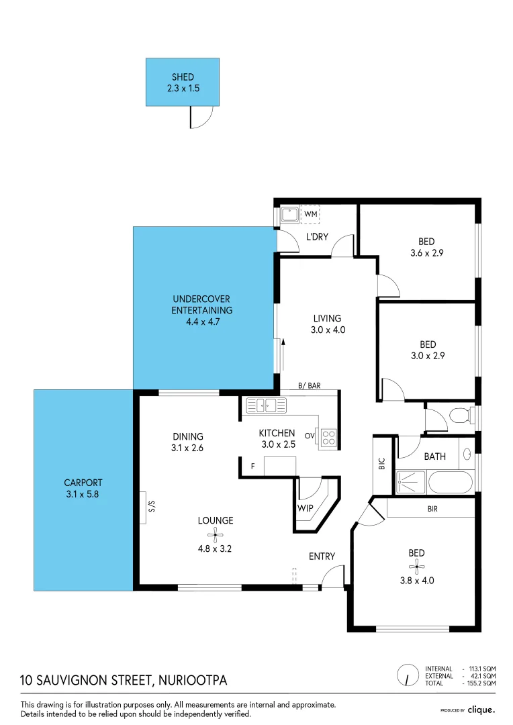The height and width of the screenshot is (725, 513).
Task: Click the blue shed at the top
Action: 182,82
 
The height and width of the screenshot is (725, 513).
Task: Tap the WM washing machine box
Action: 310,214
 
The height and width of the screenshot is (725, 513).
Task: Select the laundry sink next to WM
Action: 289,215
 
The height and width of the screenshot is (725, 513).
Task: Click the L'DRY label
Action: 316,236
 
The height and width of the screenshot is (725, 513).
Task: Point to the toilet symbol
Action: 461,416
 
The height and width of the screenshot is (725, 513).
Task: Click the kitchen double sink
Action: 266,405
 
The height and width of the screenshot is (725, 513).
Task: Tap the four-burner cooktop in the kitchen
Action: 328,438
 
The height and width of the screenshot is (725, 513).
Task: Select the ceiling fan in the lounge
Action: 216,534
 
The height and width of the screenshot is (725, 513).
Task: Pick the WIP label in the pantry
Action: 306,507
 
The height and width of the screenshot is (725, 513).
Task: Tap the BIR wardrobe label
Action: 432,509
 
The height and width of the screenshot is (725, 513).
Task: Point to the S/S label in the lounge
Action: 151,507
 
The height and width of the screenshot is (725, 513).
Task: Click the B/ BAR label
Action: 309,386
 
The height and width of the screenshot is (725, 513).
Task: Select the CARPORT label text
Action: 83,482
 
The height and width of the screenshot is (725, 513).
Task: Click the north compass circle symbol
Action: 406,674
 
